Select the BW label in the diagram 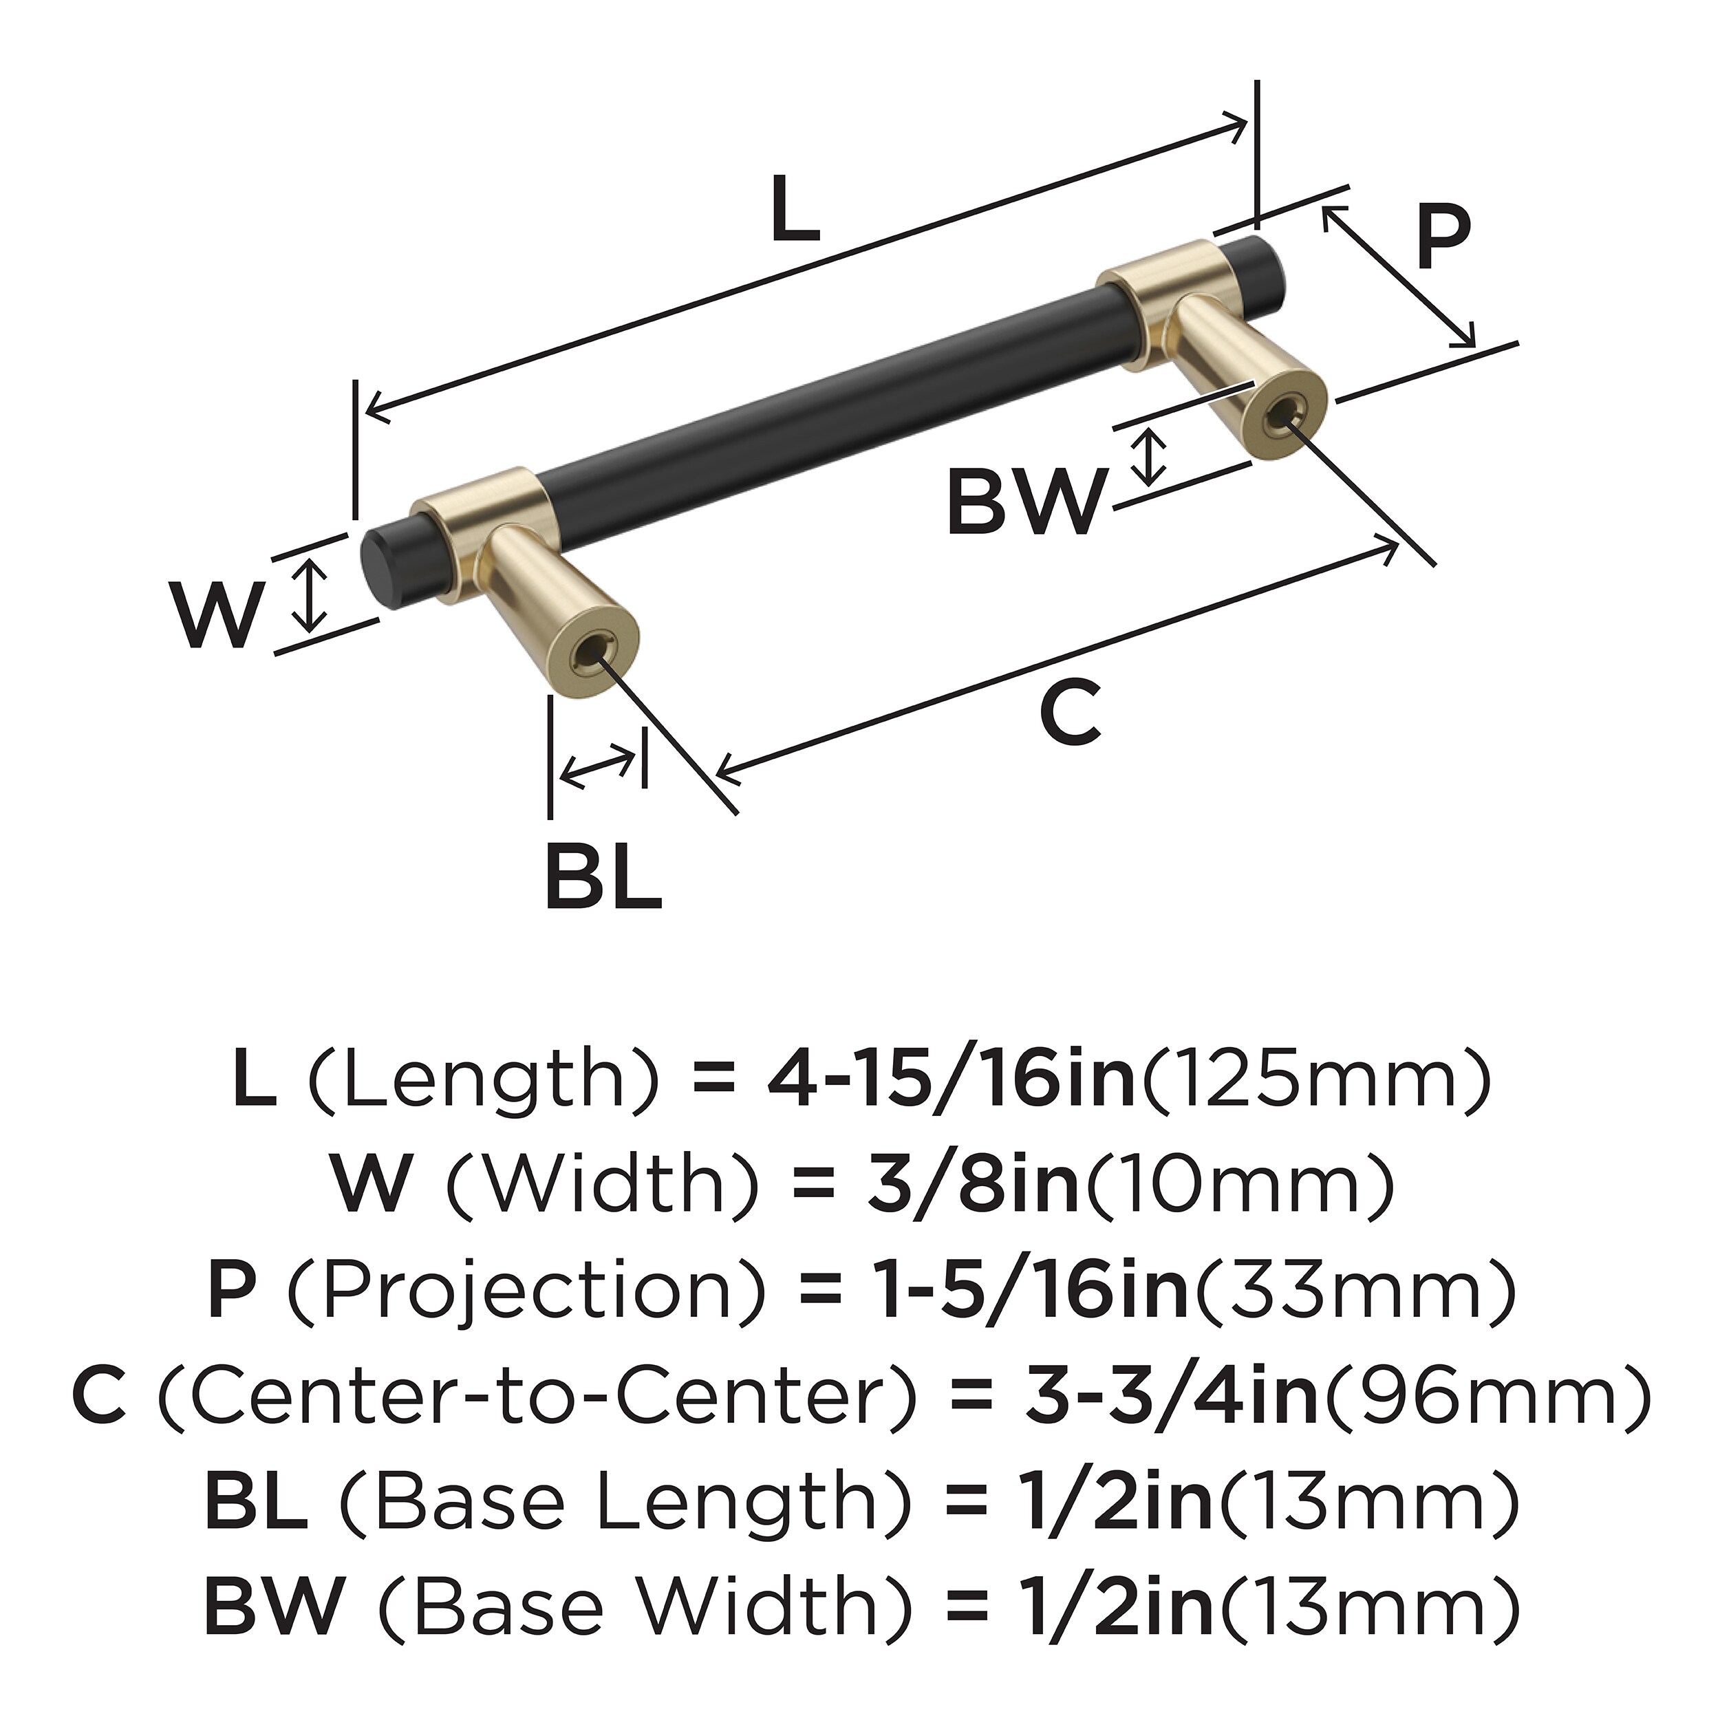1026,502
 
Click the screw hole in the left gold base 591,652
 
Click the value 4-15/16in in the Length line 951,1081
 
